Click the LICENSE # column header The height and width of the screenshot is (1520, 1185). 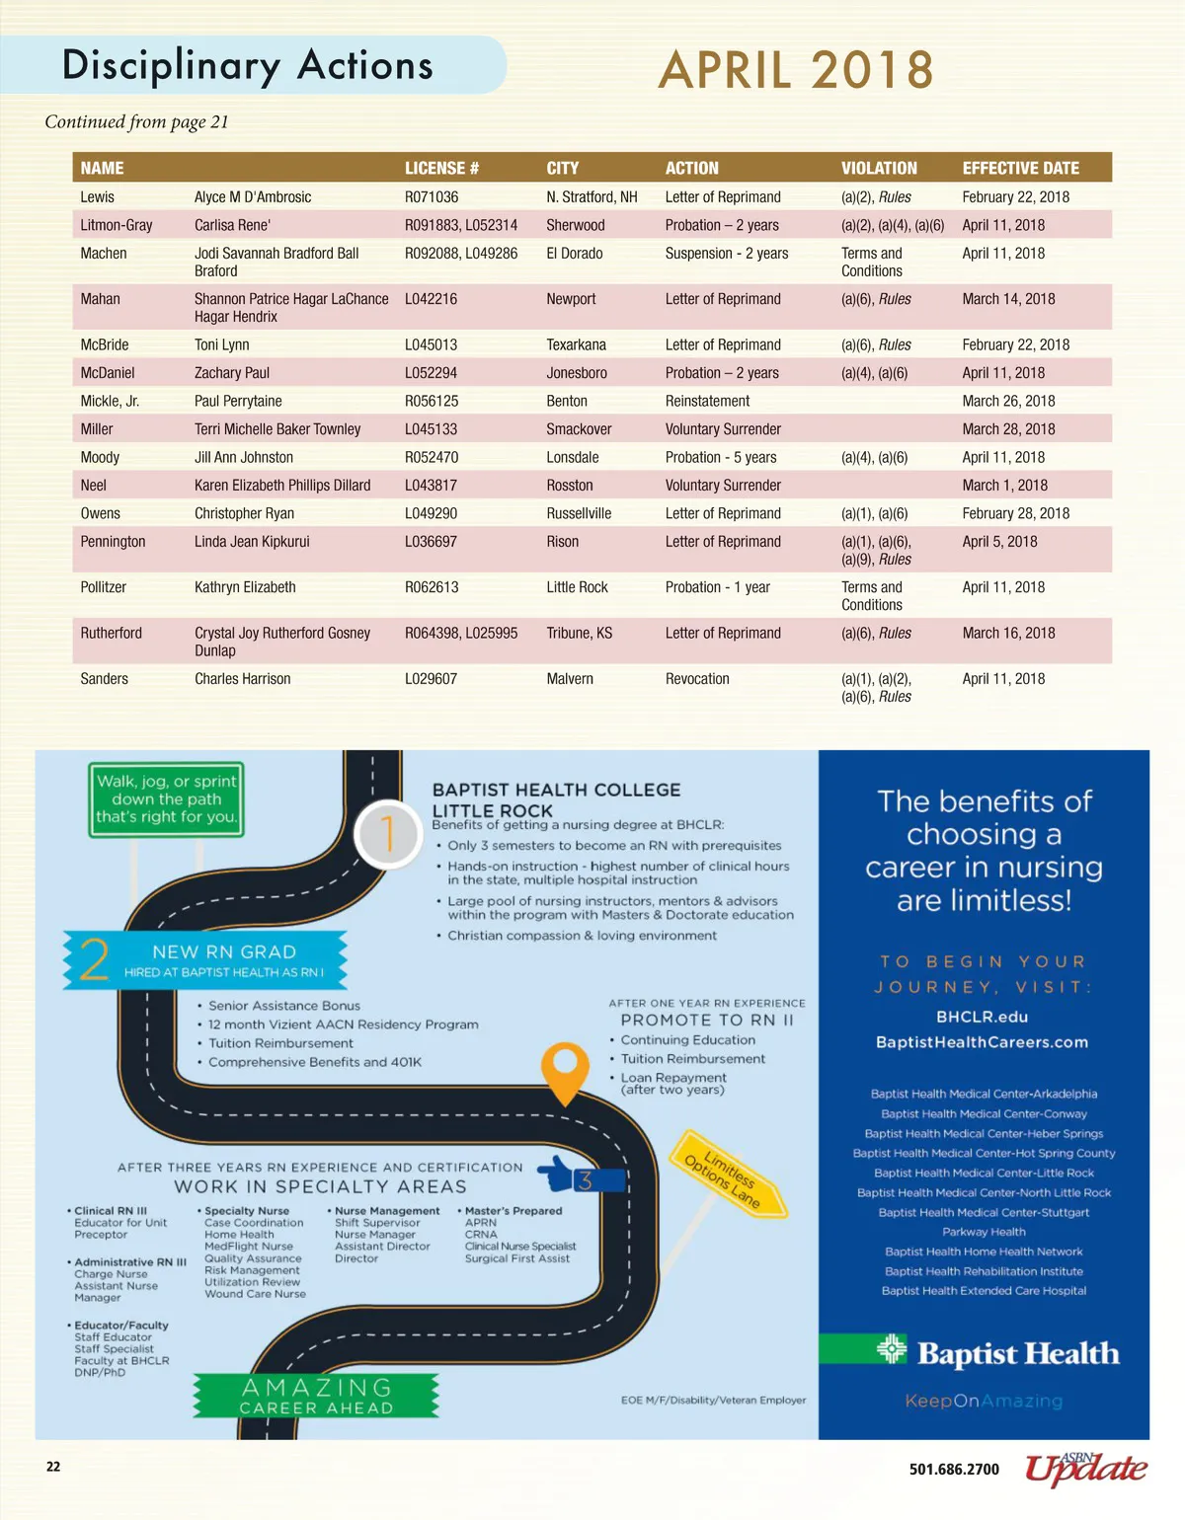[x=441, y=168]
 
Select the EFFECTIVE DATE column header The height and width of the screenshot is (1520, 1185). [x=1020, y=168]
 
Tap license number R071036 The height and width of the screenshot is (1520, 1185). [x=432, y=196]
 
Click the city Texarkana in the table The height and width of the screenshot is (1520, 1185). [x=576, y=344]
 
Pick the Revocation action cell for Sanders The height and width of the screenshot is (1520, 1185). [x=697, y=679]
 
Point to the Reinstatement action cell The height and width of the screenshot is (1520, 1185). [x=707, y=401]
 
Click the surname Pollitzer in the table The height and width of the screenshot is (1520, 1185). [x=104, y=587]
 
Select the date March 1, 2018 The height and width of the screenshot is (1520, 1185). [x=1004, y=486]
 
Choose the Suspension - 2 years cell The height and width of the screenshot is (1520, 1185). [x=727, y=254]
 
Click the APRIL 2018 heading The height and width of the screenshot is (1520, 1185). [x=796, y=71]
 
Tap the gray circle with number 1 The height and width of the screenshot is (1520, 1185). [x=388, y=834]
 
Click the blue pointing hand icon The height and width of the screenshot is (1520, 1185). [x=560, y=1175]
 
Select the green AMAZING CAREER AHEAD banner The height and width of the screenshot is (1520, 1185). [x=316, y=1396]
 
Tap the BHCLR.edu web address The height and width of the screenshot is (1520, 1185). [x=982, y=1017]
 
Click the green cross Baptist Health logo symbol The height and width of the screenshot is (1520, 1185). [x=891, y=1349]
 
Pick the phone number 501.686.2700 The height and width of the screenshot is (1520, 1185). [x=954, y=1470]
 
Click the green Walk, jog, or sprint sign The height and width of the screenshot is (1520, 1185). [x=166, y=798]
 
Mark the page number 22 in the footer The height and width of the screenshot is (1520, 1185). [x=53, y=1467]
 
